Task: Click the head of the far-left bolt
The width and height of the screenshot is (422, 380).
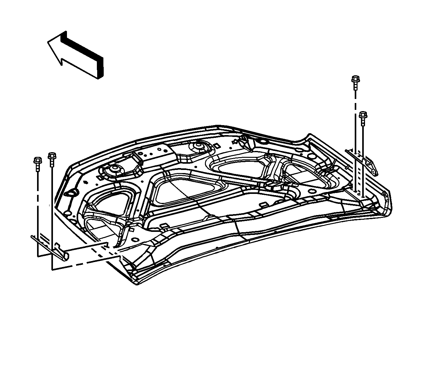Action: point(37,161)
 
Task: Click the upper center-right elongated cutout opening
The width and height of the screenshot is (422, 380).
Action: point(240,165)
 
